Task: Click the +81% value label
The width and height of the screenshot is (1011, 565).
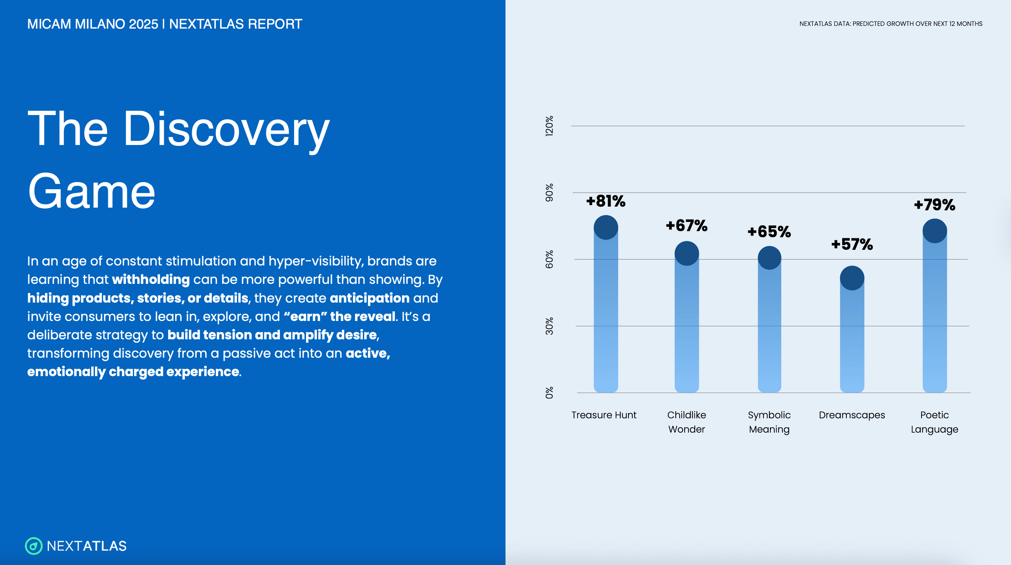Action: click(x=606, y=201)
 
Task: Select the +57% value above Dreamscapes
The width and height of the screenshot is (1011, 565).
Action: click(x=852, y=244)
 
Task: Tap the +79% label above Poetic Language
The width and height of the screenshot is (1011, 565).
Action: click(x=934, y=205)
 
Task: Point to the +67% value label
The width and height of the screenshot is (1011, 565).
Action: click(x=687, y=226)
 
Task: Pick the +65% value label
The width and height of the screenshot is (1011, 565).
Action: click(x=769, y=232)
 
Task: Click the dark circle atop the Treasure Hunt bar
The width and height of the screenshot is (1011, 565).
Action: click(x=606, y=227)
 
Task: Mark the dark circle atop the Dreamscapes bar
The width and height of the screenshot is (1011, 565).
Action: click(x=852, y=278)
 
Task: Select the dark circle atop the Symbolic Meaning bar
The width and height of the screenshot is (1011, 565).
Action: click(x=769, y=258)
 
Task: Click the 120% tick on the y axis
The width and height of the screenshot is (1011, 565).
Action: click(x=549, y=126)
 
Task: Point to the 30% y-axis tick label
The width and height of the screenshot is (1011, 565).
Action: click(x=549, y=326)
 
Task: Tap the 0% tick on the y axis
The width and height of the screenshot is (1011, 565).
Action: click(x=549, y=393)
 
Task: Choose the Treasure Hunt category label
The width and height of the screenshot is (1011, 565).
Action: click(x=604, y=415)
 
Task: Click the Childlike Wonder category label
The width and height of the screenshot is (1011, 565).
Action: click(x=687, y=422)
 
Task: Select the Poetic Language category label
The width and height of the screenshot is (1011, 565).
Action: click(x=934, y=422)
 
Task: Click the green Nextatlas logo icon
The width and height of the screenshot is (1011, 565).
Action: click(x=34, y=546)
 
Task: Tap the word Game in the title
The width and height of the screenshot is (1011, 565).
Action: click(x=92, y=192)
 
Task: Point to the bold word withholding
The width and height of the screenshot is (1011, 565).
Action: click(x=151, y=279)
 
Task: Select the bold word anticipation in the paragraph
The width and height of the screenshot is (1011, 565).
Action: click(x=369, y=298)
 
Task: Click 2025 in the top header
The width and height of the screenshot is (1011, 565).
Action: click(x=143, y=24)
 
